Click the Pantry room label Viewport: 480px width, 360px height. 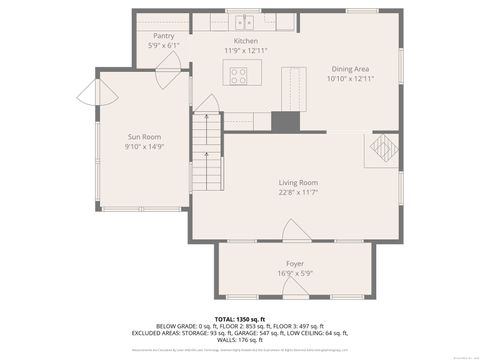(x=164, y=36)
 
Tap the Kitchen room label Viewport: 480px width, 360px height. (x=246, y=41)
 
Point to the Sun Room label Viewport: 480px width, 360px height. (x=144, y=137)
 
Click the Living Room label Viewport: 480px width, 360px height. (x=298, y=183)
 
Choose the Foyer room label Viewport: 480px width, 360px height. (x=295, y=263)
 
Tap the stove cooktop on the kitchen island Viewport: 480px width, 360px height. (x=240, y=73)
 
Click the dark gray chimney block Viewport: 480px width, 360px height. (x=286, y=120)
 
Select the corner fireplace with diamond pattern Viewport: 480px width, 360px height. (x=383, y=150)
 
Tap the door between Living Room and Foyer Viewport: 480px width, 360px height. (x=296, y=232)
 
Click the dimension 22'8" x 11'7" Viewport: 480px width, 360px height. (x=298, y=193)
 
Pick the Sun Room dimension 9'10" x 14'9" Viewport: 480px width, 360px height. (x=144, y=147)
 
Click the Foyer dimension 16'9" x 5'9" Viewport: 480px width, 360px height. (x=295, y=272)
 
